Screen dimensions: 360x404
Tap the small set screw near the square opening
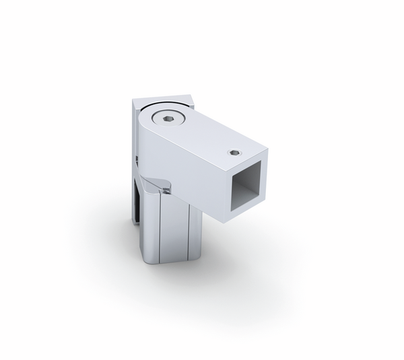234,152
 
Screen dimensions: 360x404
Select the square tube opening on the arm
248,190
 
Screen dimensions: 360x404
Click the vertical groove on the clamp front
160,229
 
